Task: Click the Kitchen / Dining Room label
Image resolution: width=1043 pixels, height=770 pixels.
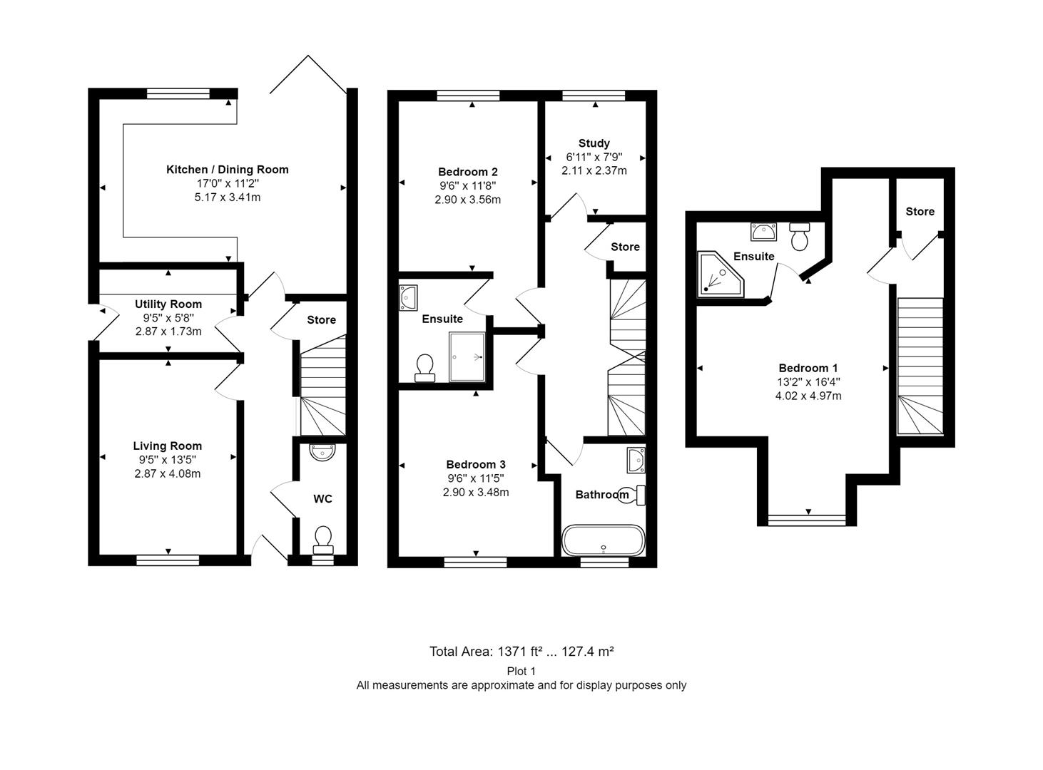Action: click(x=227, y=169)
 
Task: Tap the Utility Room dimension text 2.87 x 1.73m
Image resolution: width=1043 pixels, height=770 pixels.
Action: click(x=168, y=332)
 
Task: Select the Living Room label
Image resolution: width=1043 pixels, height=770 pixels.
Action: click(x=168, y=446)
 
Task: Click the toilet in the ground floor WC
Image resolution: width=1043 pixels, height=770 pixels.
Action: click(x=323, y=540)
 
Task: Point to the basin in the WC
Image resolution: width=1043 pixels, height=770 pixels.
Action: click(x=322, y=453)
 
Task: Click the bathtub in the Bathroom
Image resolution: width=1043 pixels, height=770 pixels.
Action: click(x=604, y=540)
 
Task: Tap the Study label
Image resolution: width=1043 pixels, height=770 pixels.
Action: click(x=594, y=143)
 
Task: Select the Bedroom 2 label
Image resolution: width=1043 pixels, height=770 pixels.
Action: click(x=467, y=172)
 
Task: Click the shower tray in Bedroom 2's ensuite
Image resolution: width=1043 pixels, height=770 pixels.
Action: click(x=467, y=356)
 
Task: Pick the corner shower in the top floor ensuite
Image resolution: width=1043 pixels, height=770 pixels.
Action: click(x=720, y=274)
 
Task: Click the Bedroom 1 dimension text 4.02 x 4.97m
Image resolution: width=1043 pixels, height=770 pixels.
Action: click(x=808, y=396)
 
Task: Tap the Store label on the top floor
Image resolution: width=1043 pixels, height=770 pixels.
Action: click(x=920, y=212)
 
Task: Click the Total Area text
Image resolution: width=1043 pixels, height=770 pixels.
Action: click(x=521, y=652)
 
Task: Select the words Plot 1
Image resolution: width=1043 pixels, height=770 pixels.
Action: click(x=521, y=672)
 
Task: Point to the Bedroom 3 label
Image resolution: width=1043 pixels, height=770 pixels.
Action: click(x=475, y=464)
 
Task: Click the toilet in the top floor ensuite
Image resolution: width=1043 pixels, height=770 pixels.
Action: click(x=800, y=237)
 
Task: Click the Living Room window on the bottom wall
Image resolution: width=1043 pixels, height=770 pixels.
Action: click(x=168, y=560)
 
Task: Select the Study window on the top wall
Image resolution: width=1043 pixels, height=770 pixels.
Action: click(x=594, y=96)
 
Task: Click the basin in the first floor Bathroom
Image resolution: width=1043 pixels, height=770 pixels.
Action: click(x=636, y=460)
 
